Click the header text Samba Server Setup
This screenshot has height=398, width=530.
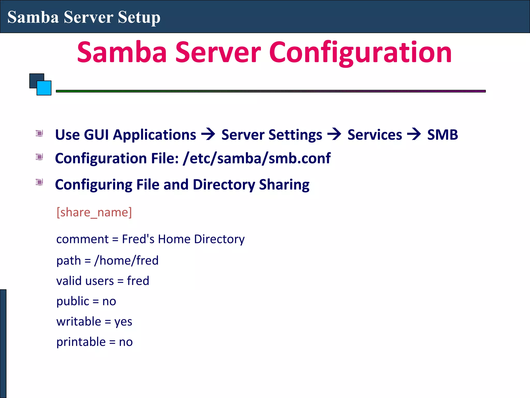84,17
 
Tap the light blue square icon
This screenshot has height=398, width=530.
44,88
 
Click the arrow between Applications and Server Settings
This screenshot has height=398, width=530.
208,134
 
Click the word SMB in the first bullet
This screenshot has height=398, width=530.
443,135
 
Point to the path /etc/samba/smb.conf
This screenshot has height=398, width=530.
256,158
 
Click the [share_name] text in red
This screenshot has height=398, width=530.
94,212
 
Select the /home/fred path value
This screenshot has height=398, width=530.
126,260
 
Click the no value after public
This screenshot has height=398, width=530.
109,301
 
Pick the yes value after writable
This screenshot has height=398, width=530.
123,322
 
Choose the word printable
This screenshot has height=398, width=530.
81,342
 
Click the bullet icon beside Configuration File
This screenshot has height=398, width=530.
39,157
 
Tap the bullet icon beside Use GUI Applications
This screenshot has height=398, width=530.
39,133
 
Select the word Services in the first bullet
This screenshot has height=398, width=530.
374,135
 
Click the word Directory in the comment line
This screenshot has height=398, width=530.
219,239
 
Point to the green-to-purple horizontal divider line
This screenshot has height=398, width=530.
271,91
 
